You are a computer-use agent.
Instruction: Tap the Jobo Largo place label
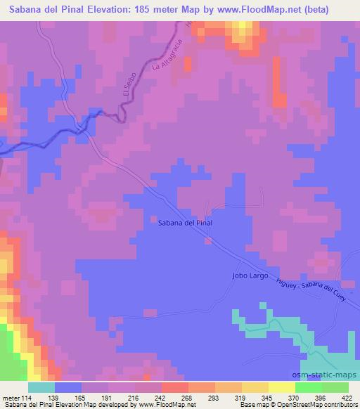click(252, 275)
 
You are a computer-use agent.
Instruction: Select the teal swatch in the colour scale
click(42, 387)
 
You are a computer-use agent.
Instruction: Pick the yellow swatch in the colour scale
click(282, 387)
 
